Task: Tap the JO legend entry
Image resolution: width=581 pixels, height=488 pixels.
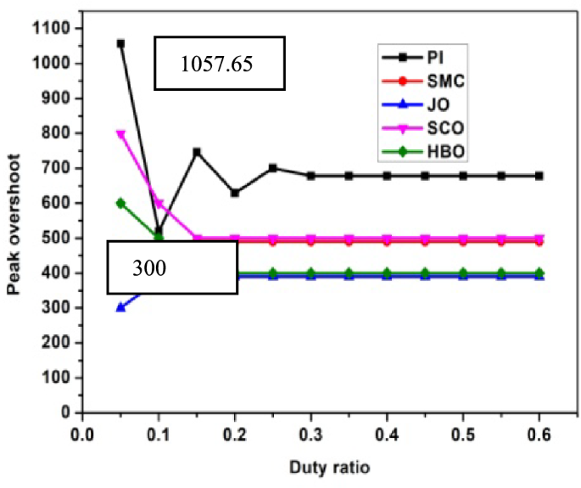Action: (422, 107)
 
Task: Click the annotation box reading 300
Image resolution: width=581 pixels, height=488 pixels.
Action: (172, 267)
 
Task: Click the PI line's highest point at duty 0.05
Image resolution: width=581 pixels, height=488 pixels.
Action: (120, 43)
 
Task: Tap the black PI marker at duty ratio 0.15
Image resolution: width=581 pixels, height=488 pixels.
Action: (197, 152)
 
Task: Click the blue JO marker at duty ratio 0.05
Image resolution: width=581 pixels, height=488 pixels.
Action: (120, 307)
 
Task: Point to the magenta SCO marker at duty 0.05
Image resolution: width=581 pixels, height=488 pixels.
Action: (120, 133)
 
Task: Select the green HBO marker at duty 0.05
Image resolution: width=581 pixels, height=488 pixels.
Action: (120, 203)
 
